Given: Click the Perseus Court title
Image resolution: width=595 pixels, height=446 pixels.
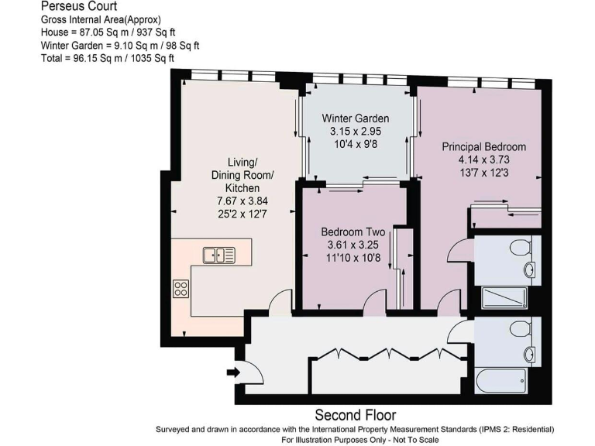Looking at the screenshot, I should click(x=73, y=6).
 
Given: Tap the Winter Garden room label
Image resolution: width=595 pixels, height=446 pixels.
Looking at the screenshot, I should click(x=356, y=118).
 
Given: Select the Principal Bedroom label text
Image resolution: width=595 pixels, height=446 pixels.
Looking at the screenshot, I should click(x=483, y=146).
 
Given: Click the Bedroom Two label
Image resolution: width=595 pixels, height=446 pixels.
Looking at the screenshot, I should click(x=353, y=232).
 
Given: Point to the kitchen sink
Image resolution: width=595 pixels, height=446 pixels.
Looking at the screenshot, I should click(x=218, y=254).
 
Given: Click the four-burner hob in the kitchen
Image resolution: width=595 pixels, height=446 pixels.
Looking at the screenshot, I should click(x=181, y=289).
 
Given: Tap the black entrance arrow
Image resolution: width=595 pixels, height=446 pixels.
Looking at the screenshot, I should click(x=232, y=373).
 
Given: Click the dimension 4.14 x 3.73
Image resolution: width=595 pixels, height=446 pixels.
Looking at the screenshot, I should click(x=483, y=160).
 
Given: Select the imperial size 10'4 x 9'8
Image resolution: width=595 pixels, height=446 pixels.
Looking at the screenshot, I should click(x=356, y=144).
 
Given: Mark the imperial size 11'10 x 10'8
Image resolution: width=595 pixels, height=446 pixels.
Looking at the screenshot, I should click(x=353, y=258).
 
